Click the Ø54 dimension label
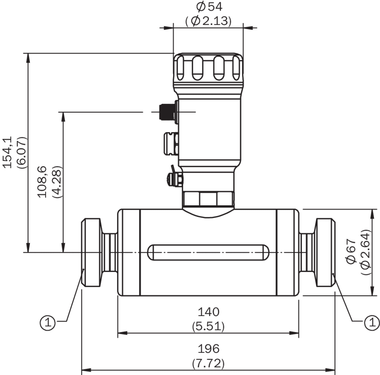click(209, 6)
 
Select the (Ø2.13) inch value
click(209, 21)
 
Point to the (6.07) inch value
click(22, 153)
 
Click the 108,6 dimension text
click(42, 182)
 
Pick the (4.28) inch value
click(57, 182)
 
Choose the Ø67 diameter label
click(351, 251)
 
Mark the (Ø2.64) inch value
click(366, 252)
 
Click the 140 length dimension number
click(209, 312)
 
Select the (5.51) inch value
click(209, 327)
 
